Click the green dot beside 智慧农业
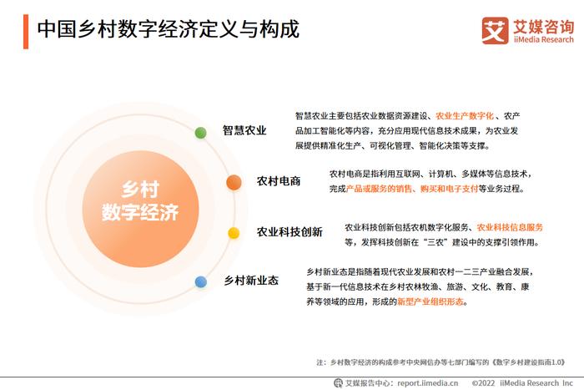tap(201, 133)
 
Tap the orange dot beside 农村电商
tap(234, 182)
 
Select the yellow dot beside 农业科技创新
tap(234, 233)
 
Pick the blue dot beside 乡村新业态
tap(201, 282)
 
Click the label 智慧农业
tap(244, 130)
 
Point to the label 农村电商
tap(279, 181)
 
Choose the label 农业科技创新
tap(289, 232)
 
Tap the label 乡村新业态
tap(251, 281)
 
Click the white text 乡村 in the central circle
tap(140, 189)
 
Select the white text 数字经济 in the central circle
tap(140, 212)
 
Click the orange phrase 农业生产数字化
tap(465, 116)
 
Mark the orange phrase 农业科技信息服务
tap(510, 227)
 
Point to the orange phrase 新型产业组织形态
tap(430, 301)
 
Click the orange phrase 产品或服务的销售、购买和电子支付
tap(412, 189)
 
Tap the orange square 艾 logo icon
tap(495, 31)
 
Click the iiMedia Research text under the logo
tap(544, 39)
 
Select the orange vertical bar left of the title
tap(26, 32)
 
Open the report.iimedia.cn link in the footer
tap(427, 383)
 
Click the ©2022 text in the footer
tap(483, 383)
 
